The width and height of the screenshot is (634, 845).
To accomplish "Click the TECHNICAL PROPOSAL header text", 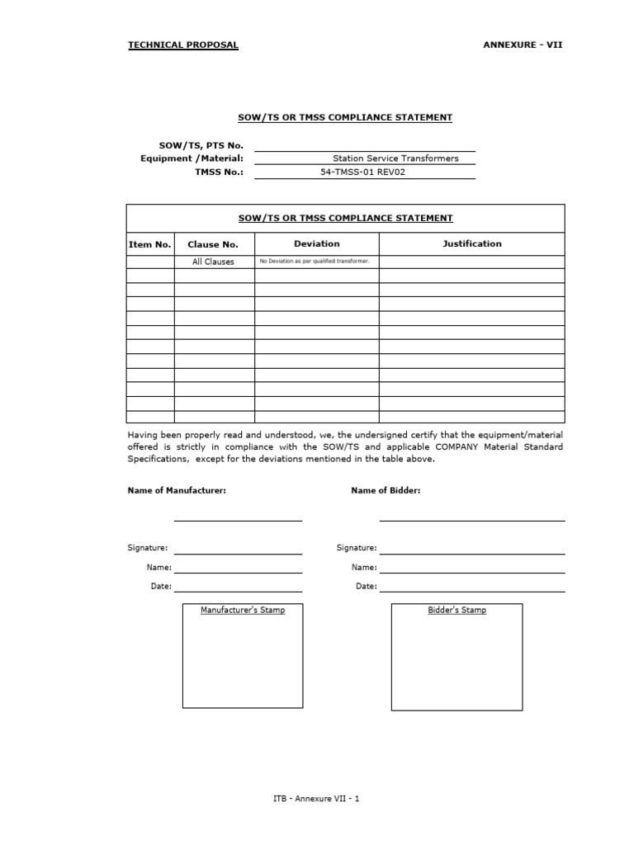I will point(182,45).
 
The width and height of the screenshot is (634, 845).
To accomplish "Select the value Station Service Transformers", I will point(395,158).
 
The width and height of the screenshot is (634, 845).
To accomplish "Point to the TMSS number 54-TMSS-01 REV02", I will point(363,172).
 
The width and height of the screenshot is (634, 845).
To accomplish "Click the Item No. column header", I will point(150,244).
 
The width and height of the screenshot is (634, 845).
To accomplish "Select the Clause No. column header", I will point(213,244).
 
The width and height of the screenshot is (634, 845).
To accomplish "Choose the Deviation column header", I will point(316,243).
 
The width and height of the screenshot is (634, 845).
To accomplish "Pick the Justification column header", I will point(471,243).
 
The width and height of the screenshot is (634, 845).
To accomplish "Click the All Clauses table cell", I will point(213,262).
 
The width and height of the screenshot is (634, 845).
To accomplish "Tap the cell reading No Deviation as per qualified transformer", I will point(315,262).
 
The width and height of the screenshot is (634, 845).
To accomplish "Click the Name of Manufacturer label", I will point(177,490).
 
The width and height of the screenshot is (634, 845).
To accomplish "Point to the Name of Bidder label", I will point(386,490).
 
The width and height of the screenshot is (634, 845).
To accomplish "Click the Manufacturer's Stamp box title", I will point(243,611).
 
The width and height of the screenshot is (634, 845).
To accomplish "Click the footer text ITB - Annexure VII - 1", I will point(316,799).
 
